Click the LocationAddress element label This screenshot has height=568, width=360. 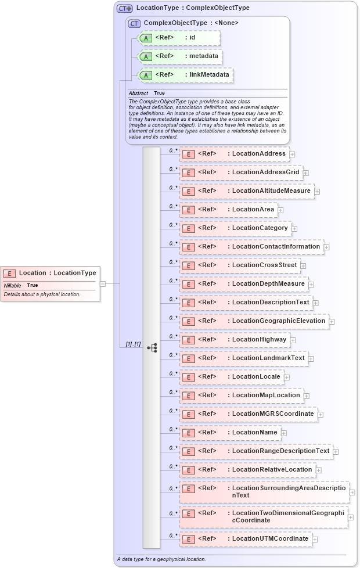[258, 153]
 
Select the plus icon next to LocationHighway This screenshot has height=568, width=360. [293, 340]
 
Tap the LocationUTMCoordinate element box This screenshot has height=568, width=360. [246, 539]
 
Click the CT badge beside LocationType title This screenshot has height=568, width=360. [125, 8]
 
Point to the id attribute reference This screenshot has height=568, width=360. [179, 38]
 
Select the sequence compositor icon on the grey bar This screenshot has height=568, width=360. [152, 348]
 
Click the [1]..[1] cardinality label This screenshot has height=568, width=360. [133, 344]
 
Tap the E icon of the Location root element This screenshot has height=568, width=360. [10, 273]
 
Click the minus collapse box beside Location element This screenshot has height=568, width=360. [103, 284]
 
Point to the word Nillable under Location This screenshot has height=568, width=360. [12, 285]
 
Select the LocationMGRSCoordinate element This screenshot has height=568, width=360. [248, 414]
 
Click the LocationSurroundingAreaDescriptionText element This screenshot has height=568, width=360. [264, 492]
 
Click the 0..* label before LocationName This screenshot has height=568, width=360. [173, 429]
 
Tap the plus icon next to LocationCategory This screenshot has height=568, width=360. [294, 229]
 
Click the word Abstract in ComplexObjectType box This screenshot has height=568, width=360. [138, 93]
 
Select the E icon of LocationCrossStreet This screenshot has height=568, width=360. [188, 266]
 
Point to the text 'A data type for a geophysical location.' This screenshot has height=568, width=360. [161, 559]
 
